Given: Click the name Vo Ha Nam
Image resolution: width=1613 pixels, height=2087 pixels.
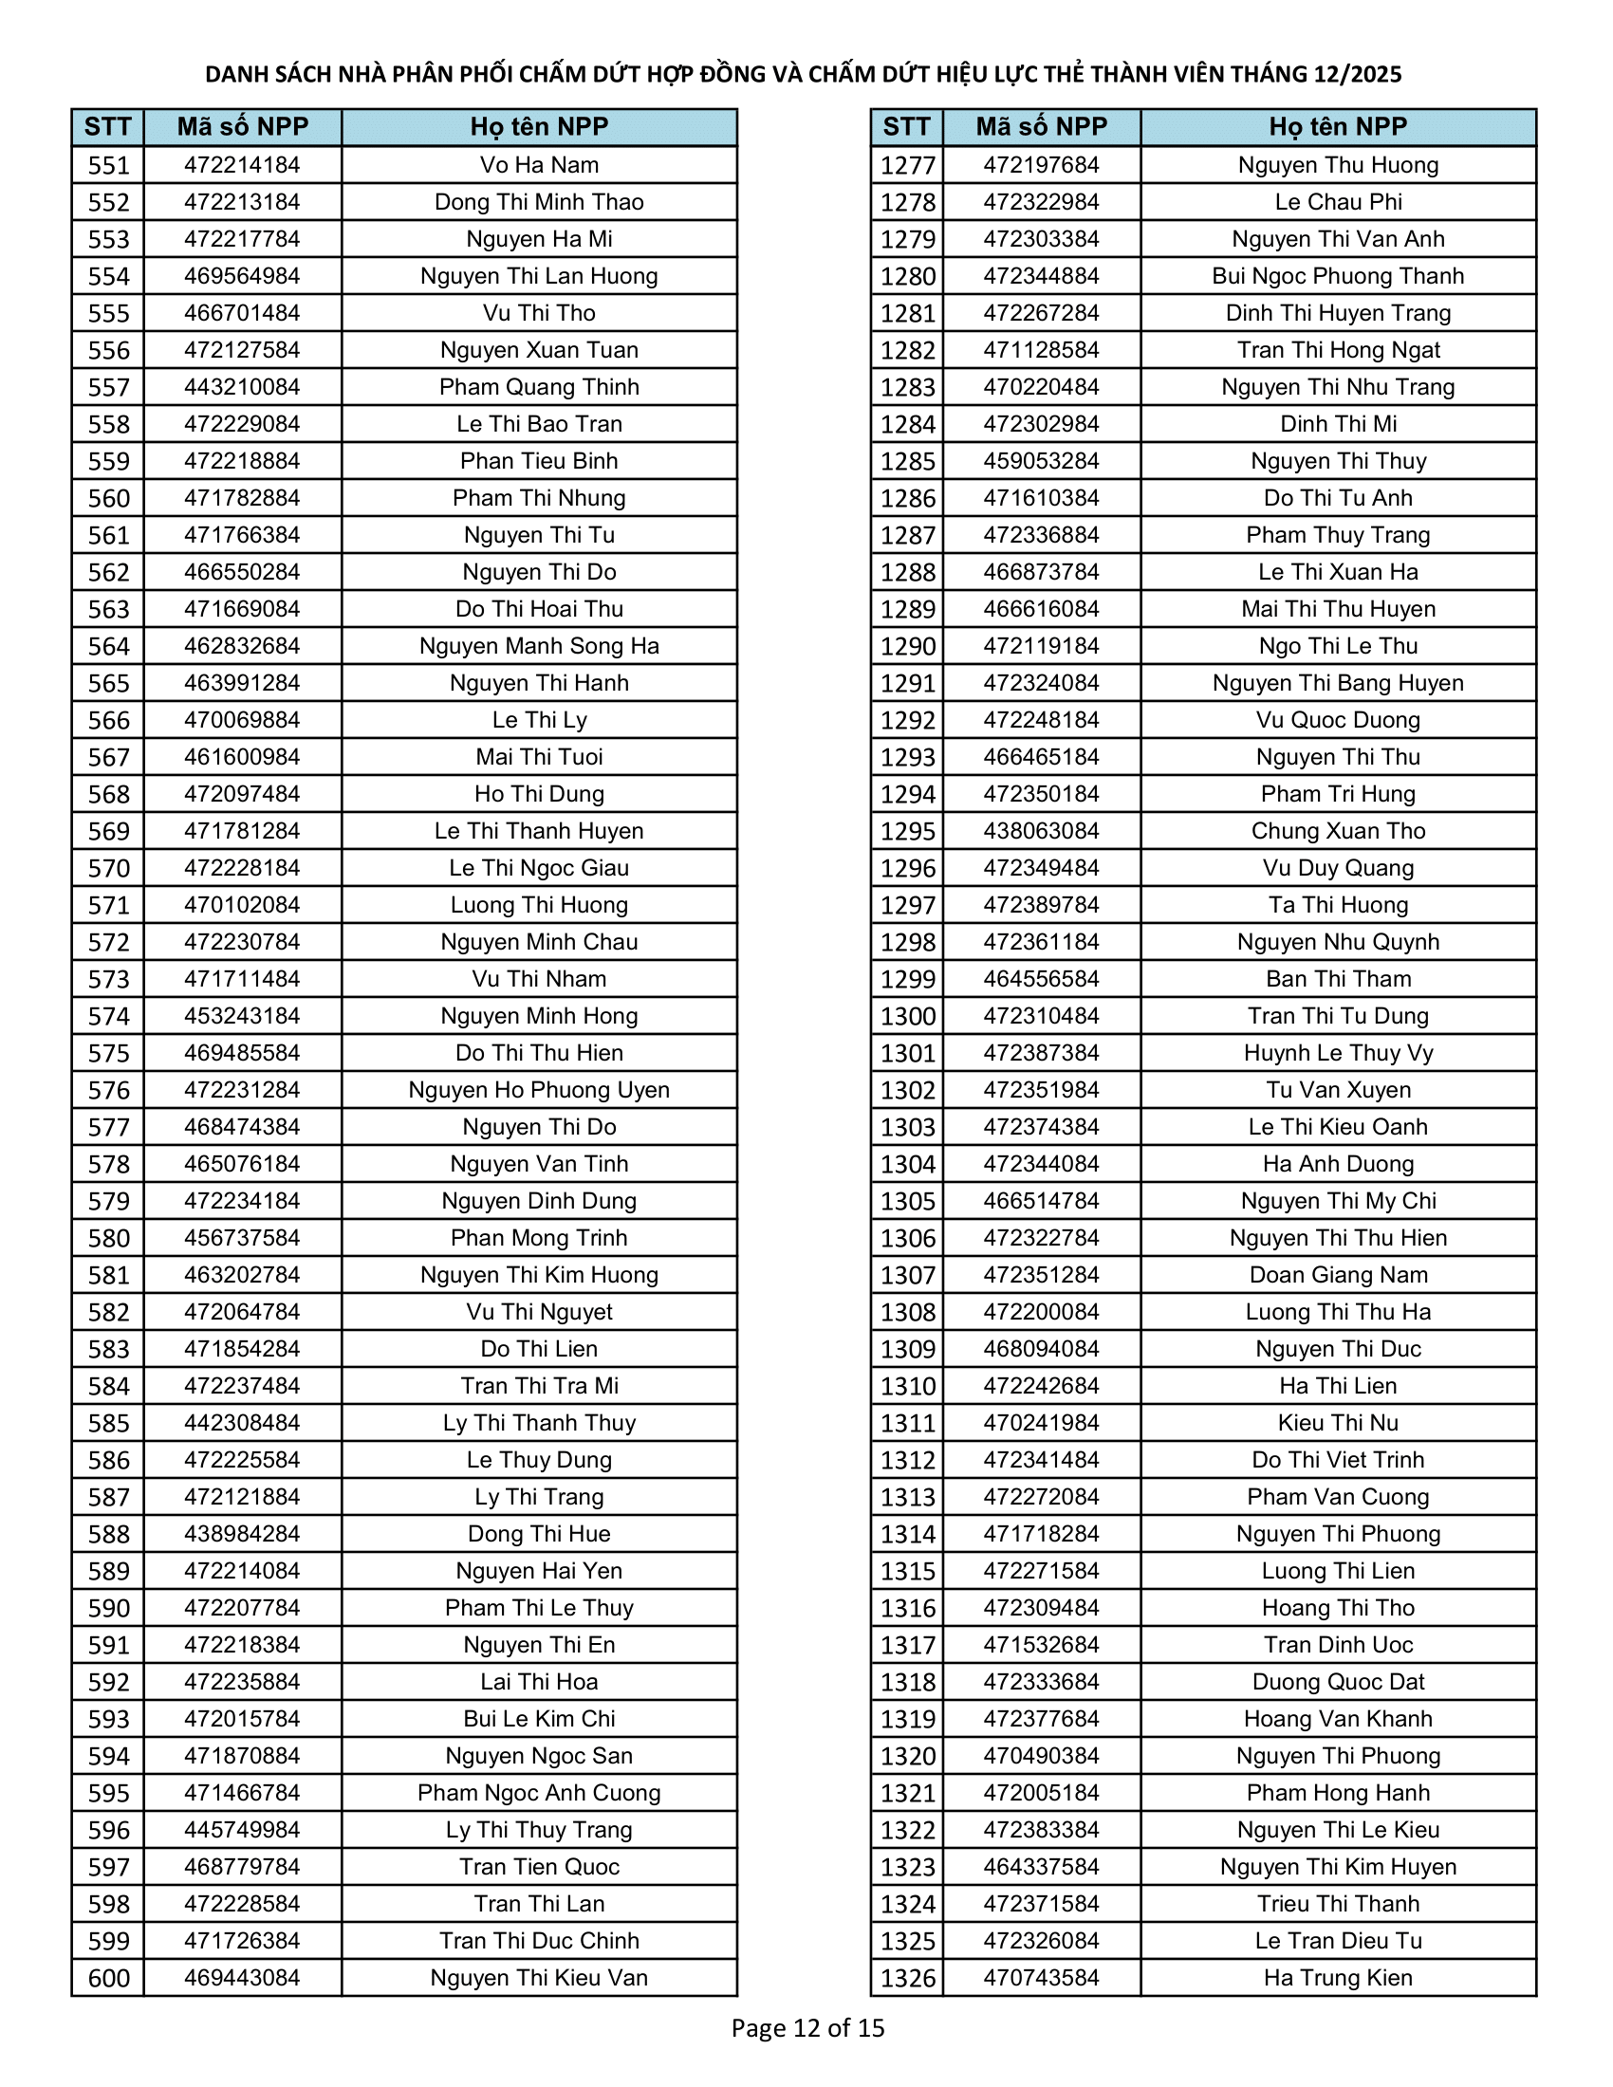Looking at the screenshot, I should [539, 165].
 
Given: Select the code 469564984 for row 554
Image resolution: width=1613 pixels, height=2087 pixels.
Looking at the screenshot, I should [242, 276].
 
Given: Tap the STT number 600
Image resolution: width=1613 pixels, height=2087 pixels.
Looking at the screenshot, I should [108, 1978].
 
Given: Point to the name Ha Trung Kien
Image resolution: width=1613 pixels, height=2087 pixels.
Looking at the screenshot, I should [1338, 1978].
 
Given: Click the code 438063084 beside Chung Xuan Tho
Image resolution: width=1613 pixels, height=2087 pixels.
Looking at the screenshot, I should [1041, 831].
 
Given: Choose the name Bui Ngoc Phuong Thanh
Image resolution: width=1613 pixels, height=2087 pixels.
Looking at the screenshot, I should [1338, 276].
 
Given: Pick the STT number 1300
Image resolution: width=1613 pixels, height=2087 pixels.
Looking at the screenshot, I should [907, 1017].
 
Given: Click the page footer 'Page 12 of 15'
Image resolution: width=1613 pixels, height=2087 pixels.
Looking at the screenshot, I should [807, 2028].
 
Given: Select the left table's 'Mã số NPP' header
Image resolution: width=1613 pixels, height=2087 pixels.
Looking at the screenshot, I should [242, 127].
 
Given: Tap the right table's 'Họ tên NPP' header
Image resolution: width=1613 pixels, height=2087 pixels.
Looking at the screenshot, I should [1338, 127].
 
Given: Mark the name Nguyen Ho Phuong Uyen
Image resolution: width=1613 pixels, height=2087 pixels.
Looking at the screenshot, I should [539, 1090].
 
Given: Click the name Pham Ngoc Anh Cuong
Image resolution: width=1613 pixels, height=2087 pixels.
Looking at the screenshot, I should [539, 1793].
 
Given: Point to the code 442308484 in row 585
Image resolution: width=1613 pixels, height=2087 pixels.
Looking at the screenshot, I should [242, 1423].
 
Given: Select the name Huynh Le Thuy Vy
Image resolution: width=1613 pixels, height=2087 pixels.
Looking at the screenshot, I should [1338, 1053].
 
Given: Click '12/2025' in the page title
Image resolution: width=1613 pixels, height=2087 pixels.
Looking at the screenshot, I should [1355, 75].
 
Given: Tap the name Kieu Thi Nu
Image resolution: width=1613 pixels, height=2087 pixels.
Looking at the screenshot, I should [1338, 1423].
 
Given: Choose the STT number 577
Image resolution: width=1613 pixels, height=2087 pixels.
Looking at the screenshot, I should [108, 1128].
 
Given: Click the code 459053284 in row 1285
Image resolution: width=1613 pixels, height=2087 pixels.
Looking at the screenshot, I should [1041, 462].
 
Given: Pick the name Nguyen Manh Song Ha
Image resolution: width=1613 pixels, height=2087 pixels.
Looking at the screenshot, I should [539, 646].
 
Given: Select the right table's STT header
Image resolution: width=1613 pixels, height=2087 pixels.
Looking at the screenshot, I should [906, 127].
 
